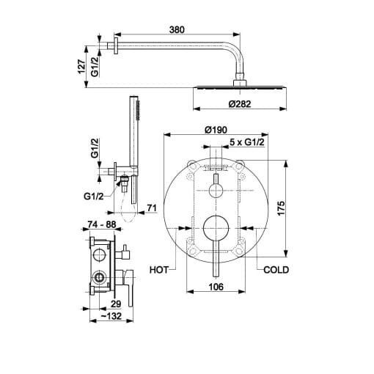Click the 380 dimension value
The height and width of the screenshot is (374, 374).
pos(177,30)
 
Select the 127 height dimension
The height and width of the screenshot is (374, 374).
pos(81,66)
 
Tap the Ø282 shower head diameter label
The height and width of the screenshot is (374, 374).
pos(240,104)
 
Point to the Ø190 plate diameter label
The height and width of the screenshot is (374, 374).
pos(216,130)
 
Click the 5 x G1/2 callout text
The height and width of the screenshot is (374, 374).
pos(247,142)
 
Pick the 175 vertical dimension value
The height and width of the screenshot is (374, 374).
pos(281,208)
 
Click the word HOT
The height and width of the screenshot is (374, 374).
pos(159,270)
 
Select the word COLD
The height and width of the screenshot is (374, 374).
pos(276,270)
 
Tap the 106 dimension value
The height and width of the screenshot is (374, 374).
pos(216,287)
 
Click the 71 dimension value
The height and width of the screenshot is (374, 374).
pos(152,208)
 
